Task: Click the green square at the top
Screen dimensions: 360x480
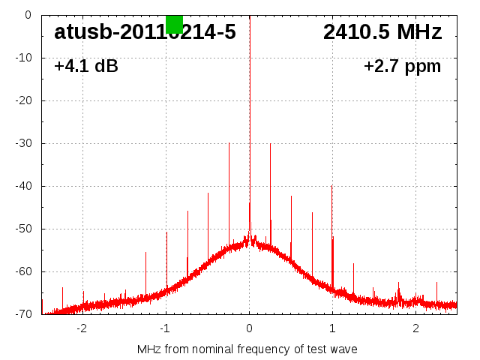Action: coord(174,24)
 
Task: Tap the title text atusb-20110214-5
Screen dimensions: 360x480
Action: coord(145,32)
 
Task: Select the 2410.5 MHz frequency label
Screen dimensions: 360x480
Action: coord(382,32)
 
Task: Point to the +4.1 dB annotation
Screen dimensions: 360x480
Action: coord(85,66)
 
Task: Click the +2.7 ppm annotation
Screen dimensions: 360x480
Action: coord(402,66)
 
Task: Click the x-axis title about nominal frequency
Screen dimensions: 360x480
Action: coord(247,349)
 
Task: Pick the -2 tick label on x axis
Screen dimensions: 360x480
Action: coord(82,328)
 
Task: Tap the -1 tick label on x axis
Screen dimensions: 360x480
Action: coord(165,328)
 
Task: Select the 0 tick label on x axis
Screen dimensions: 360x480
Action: coord(250,328)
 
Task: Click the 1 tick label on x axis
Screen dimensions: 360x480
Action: coord(332,328)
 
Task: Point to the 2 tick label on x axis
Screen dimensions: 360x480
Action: coord(415,328)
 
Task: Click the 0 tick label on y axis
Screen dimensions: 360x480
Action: coord(27,14)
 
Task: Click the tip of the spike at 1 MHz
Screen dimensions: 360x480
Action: coord(331,186)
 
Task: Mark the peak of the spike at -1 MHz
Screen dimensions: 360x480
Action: coord(166,232)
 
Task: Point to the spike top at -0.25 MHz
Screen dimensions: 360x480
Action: coord(229,142)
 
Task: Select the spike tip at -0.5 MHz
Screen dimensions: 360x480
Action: coord(208,193)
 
